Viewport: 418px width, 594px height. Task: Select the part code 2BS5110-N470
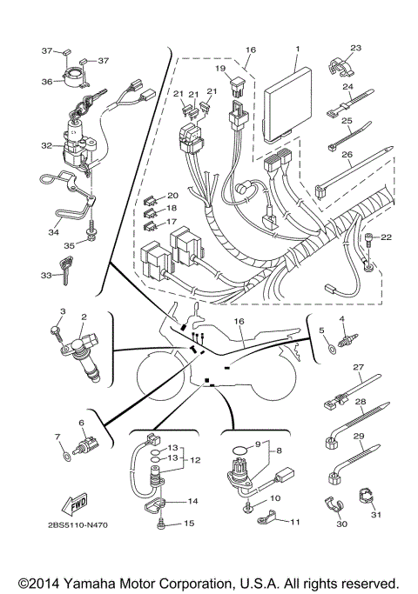pyautogui.click(x=66, y=526)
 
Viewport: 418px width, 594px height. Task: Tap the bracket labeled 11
pyautogui.click(x=266, y=520)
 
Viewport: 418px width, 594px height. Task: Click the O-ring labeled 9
pyautogui.click(x=235, y=451)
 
